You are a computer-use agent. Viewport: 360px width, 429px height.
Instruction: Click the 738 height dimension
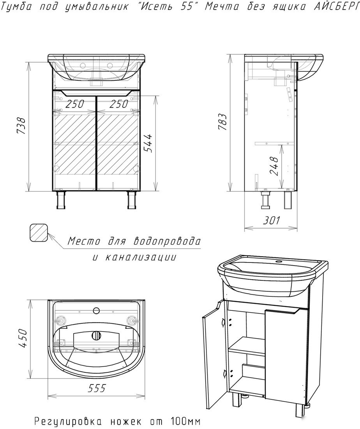click(21, 126)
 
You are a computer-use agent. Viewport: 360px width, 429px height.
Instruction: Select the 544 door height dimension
click(148, 143)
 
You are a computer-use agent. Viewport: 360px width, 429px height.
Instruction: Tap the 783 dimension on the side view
click(223, 121)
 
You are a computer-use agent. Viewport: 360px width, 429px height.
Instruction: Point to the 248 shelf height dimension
click(274, 166)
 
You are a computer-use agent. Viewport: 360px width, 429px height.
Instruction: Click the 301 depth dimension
click(272, 220)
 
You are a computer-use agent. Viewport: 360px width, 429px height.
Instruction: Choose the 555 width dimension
click(97, 388)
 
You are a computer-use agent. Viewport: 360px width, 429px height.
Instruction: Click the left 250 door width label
click(75, 104)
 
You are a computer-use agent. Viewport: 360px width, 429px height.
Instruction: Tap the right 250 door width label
click(119, 104)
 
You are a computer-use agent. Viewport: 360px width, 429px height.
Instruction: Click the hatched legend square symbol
click(39, 232)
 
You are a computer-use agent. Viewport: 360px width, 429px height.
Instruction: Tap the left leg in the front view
click(60, 200)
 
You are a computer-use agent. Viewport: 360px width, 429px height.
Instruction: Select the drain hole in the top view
click(96, 335)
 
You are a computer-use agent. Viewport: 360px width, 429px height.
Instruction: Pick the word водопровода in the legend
click(167, 241)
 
